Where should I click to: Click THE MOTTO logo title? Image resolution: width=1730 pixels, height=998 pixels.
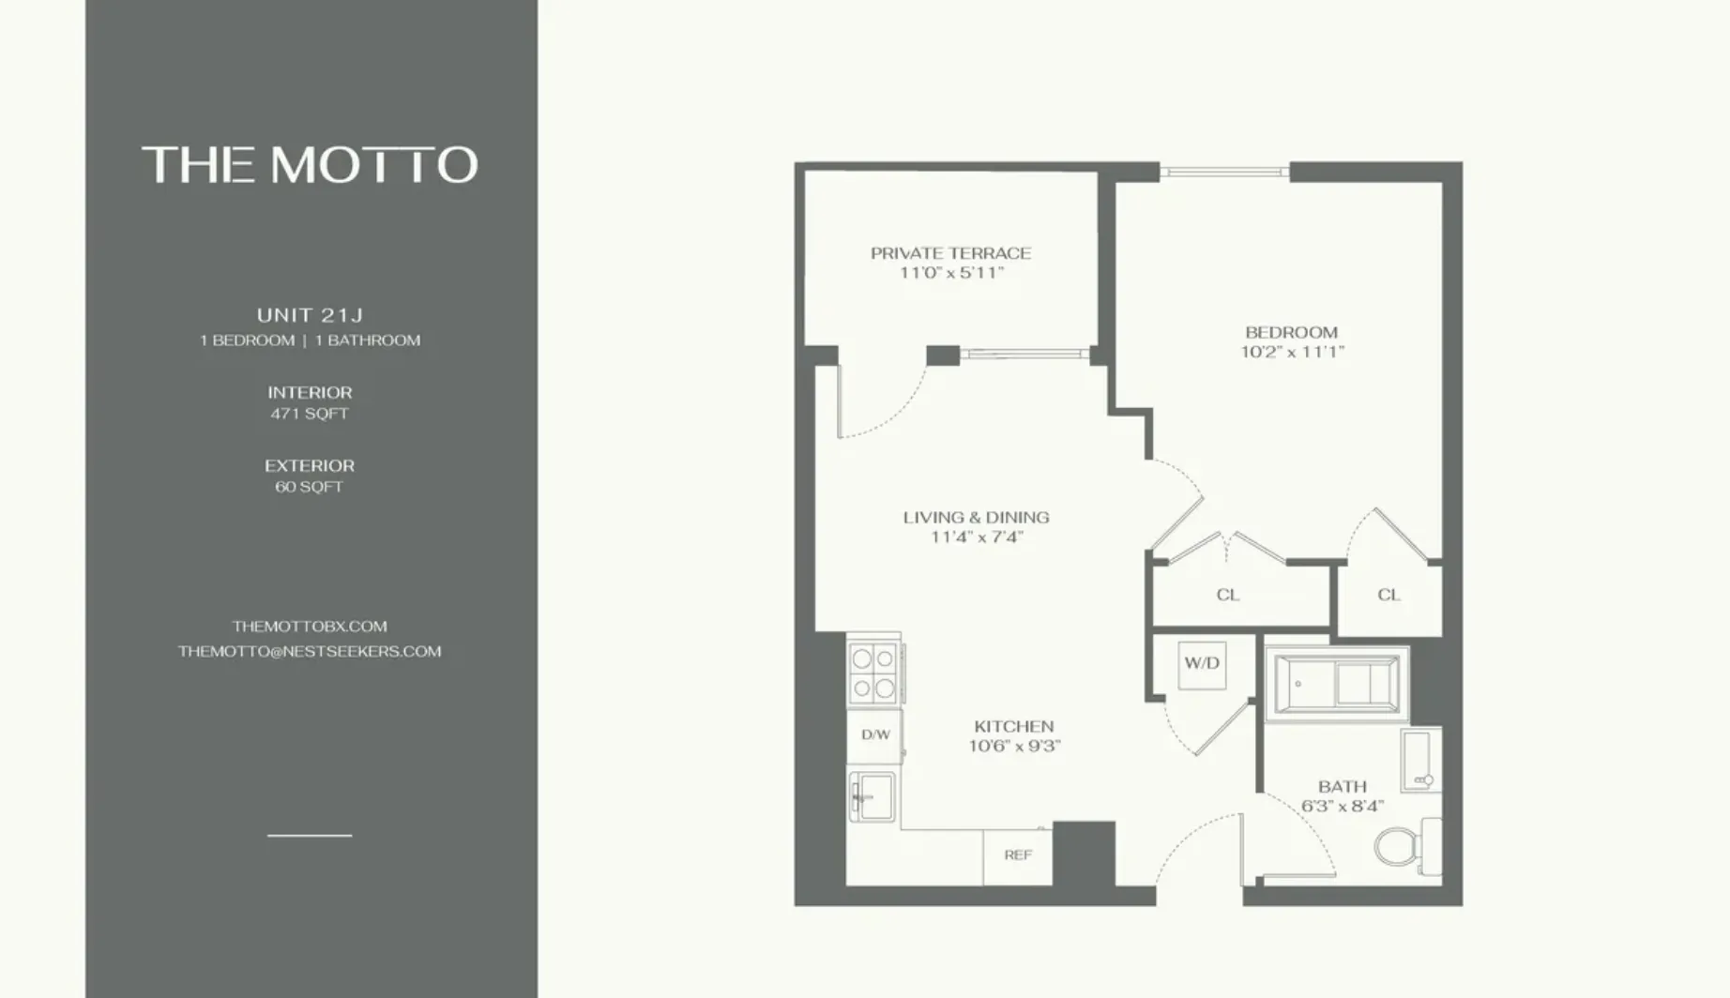pyautogui.click(x=310, y=165)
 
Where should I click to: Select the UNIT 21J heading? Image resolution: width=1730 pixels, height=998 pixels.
pyautogui.click(x=310, y=315)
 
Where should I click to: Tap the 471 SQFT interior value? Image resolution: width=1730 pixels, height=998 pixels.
pyautogui.click(x=310, y=414)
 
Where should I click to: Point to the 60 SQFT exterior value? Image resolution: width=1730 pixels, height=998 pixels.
pyautogui.click(x=310, y=487)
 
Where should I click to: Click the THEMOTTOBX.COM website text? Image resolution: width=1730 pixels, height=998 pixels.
pyautogui.click(x=310, y=627)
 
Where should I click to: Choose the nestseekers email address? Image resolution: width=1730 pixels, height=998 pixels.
pyautogui.click(x=310, y=652)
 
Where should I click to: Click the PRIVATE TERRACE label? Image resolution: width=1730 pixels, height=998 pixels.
pyautogui.click(x=950, y=253)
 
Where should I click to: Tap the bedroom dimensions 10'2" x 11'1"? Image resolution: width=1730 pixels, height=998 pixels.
pyautogui.click(x=1292, y=353)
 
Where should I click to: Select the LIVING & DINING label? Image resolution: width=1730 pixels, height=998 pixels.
pyautogui.click(x=976, y=518)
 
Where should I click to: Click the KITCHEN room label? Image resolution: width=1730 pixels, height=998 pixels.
pyautogui.click(x=1013, y=727)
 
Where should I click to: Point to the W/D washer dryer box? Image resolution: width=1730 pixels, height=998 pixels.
pyautogui.click(x=1202, y=664)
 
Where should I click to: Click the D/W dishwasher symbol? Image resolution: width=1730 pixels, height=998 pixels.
pyautogui.click(x=874, y=735)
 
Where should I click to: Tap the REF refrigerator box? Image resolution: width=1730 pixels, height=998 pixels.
pyautogui.click(x=1018, y=855)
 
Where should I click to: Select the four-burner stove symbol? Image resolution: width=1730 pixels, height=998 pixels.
pyautogui.click(x=873, y=673)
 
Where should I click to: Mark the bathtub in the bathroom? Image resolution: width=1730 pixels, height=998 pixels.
pyautogui.click(x=1336, y=684)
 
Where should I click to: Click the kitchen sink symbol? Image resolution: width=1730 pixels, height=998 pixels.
pyautogui.click(x=873, y=796)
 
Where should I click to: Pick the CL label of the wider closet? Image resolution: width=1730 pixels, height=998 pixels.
pyautogui.click(x=1227, y=595)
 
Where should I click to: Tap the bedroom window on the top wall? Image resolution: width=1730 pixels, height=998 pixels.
pyautogui.click(x=1224, y=172)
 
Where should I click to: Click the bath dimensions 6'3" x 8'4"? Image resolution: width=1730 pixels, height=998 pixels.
pyautogui.click(x=1342, y=807)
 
